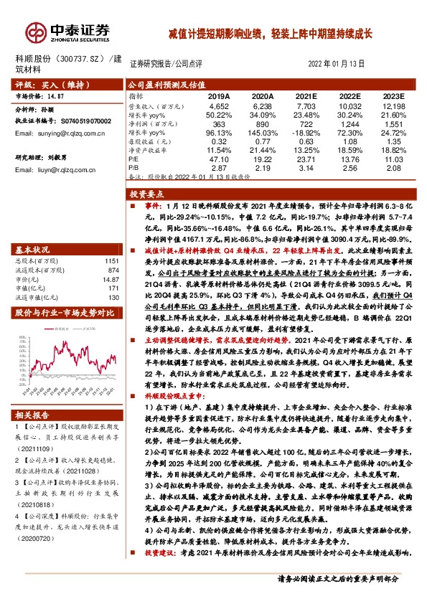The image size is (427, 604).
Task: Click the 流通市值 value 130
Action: point(112,297)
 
